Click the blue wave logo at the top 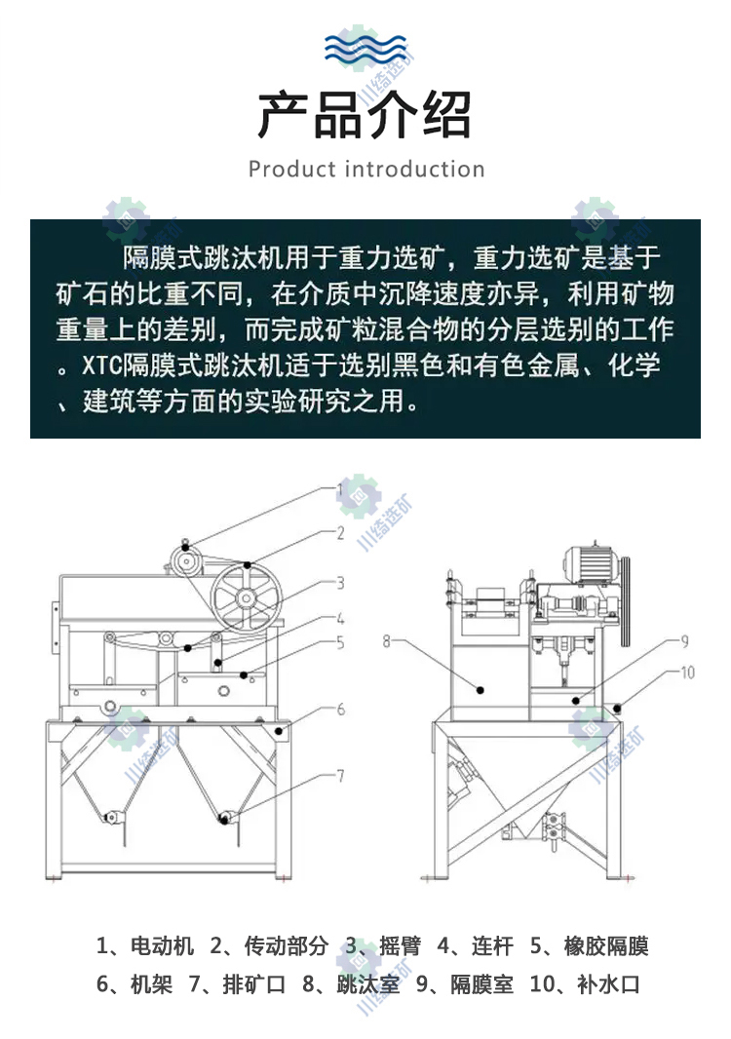point(365,48)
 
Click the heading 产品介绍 point(365,115)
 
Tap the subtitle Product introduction point(366,169)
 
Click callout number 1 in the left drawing point(341,491)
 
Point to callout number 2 point(341,533)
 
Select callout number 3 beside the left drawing point(341,583)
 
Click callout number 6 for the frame point(341,709)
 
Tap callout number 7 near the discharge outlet point(341,775)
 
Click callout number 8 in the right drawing point(387,640)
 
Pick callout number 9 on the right point(684,640)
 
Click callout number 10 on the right point(688,673)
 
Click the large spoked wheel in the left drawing point(246,599)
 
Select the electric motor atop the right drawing point(593,565)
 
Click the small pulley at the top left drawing point(187,562)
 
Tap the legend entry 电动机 point(163,945)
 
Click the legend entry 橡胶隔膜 point(605,945)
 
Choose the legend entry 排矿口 point(253,984)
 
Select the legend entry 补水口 point(608,984)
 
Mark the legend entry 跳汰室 point(368,984)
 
